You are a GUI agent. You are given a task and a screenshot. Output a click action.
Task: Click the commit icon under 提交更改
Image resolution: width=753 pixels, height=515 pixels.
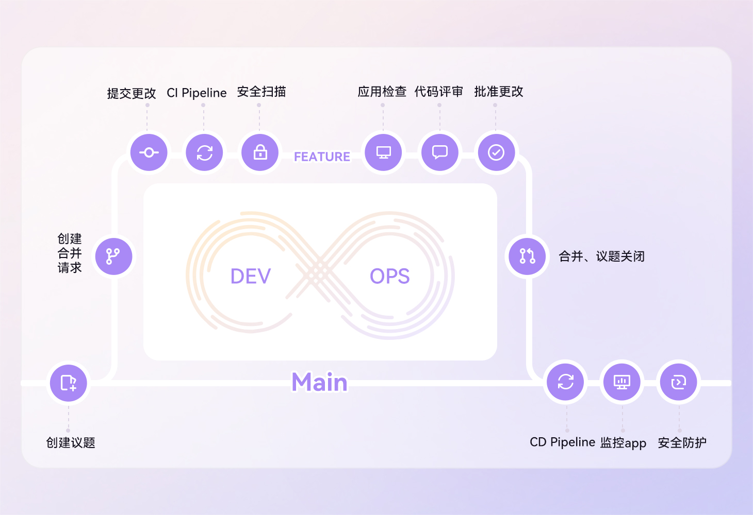[149, 152]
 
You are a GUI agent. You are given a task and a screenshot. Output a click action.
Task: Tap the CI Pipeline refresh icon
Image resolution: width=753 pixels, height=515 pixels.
[205, 152]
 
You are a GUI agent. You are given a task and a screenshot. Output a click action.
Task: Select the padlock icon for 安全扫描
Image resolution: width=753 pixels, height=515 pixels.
[260, 152]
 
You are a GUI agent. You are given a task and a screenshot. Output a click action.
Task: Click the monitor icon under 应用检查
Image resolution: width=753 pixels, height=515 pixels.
[383, 152]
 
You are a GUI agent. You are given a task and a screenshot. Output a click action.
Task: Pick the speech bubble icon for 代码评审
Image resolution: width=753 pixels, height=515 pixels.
[440, 152]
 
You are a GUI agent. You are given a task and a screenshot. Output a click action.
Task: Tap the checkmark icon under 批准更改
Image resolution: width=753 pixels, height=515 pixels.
[496, 152]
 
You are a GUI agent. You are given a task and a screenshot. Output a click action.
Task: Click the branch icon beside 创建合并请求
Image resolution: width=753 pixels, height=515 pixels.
[113, 256]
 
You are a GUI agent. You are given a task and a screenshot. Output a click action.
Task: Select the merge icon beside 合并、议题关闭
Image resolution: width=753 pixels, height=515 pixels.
[527, 256]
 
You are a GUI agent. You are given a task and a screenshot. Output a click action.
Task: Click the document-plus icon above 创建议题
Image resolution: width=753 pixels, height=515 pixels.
[69, 383]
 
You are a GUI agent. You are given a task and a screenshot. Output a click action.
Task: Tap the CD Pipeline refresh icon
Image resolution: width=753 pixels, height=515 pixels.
[566, 382]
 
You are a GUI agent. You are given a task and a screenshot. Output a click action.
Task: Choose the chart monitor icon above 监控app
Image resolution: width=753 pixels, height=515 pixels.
[622, 382]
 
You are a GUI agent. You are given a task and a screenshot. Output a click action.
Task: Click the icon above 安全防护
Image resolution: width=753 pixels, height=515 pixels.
[679, 382]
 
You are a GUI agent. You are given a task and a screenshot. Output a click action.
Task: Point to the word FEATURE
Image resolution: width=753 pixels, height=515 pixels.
[322, 157]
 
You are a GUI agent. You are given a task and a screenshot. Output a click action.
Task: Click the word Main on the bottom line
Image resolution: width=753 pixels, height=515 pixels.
[320, 383]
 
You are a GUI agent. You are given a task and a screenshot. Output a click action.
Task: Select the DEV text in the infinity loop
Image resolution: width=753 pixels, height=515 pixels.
[251, 277]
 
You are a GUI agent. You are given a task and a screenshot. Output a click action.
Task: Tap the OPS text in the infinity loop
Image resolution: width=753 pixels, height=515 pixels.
[390, 277]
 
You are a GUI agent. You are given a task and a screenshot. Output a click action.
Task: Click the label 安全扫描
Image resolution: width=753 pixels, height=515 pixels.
[261, 92]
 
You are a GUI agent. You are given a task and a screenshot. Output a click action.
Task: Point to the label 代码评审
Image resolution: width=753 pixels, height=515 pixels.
[439, 92]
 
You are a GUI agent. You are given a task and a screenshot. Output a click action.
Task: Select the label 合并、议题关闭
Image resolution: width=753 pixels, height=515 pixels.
[602, 256]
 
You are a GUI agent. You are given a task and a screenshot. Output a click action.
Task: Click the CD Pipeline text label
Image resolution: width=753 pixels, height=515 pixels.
[563, 442]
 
